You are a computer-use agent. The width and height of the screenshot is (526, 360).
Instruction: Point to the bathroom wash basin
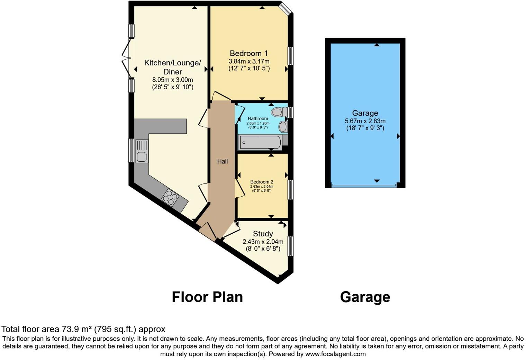click(283, 126)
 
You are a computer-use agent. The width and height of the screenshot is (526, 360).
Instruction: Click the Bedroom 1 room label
click(248, 53)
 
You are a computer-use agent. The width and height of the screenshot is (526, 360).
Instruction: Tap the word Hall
click(223, 161)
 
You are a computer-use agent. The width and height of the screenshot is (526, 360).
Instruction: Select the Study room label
click(263, 234)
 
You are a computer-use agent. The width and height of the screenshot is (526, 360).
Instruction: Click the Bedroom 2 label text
click(262, 182)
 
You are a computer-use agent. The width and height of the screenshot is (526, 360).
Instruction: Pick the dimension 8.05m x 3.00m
click(172, 80)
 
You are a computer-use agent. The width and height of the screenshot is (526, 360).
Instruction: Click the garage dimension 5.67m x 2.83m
click(365, 121)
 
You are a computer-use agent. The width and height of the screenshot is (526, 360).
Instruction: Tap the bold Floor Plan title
click(207, 297)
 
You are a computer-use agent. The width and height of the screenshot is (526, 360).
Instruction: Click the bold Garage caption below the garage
click(365, 297)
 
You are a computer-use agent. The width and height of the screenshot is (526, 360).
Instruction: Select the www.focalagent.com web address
click(335, 354)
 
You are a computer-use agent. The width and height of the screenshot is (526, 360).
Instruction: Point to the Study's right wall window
click(291, 246)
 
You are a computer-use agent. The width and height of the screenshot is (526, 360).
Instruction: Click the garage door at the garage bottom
click(364, 186)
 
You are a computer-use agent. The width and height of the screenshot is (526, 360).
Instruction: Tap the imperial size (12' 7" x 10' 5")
click(248, 69)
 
